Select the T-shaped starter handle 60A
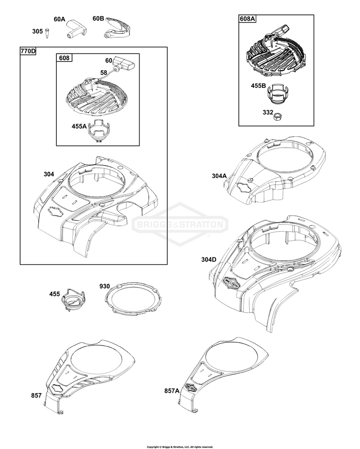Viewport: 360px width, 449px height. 75,29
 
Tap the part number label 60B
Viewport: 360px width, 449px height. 98,18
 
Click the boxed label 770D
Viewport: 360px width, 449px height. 28,51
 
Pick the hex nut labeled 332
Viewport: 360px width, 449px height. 277,116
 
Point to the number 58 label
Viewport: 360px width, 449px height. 103,73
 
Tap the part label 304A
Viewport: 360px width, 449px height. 219,176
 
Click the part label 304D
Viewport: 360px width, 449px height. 209,260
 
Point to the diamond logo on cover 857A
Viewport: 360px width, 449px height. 191,387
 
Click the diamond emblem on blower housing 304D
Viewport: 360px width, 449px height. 232,284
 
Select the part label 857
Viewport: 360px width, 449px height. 36,395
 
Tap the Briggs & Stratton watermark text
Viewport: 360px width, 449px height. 180,224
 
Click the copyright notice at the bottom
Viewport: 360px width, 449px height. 180,447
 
